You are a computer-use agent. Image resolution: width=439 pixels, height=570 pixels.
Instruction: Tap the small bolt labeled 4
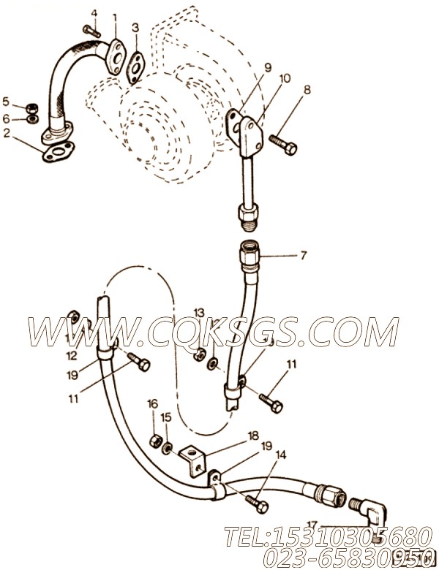(89, 30)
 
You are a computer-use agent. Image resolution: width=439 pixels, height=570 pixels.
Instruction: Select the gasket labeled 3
(134, 64)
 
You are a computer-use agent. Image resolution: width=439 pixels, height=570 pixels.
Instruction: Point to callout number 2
(7, 133)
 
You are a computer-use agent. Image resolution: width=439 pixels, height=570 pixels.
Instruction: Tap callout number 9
(268, 67)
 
